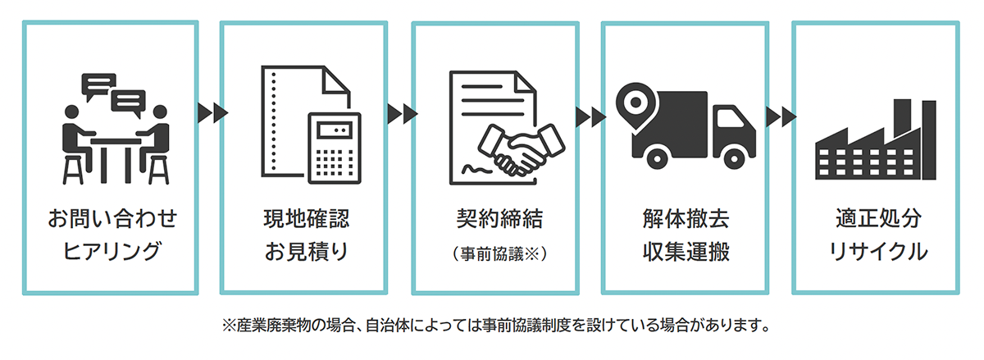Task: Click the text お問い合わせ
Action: [x=112, y=221]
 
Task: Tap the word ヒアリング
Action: [x=112, y=251]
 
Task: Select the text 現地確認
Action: [x=304, y=221]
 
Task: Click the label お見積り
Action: [x=304, y=251]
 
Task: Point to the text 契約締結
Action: [x=494, y=221]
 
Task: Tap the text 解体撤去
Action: [x=686, y=221]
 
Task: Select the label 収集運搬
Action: [x=686, y=251]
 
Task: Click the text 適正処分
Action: [x=875, y=221]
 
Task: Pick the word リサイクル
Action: [x=875, y=251]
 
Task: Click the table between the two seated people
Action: [x=112, y=152]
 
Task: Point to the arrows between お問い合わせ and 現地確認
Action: [x=209, y=112]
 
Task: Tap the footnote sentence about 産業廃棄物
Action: [x=494, y=325]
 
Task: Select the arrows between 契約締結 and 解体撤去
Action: [x=590, y=116]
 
